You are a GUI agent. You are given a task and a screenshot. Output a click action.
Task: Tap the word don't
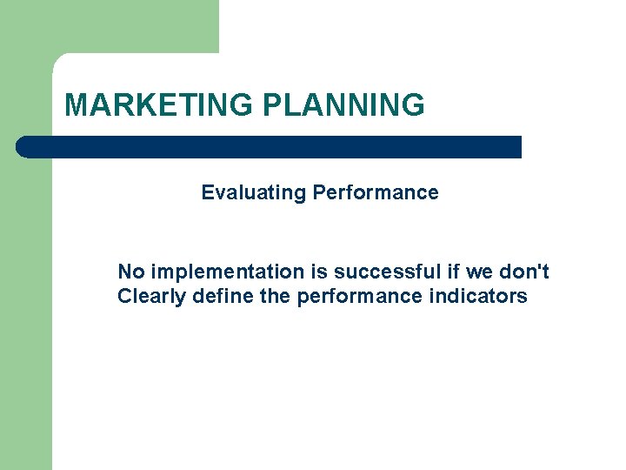[524, 272]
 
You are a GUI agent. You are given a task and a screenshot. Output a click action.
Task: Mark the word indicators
[478, 297]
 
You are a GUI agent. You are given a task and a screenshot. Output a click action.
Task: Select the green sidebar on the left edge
[26, 305]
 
